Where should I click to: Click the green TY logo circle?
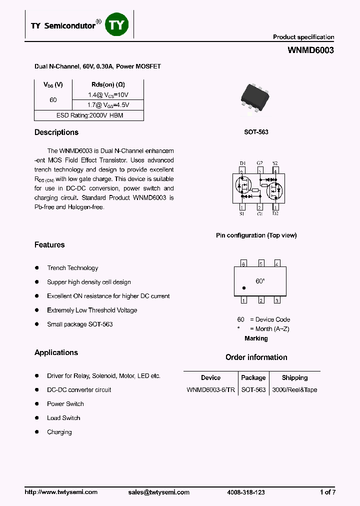(x=116, y=25)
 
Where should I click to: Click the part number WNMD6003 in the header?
(x=310, y=50)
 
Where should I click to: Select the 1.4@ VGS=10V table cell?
(x=108, y=94)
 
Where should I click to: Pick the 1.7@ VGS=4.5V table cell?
(x=108, y=105)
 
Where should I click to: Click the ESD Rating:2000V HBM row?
(x=89, y=115)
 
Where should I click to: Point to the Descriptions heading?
(x=56, y=132)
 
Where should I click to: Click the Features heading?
(x=49, y=245)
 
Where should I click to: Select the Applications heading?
(x=56, y=352)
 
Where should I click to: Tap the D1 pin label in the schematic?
(x=242, y=163)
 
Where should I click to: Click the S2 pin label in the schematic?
(x=275, y=163)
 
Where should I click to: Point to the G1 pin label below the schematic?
(x=259, y=214)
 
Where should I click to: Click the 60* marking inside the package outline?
(x=260, y=281)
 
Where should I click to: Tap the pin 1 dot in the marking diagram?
(x=243, y=288)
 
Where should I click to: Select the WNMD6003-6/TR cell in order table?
(x=210, y=390)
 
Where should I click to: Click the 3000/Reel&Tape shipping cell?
(x=294, y=390)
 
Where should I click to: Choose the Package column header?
(x=253, y=378)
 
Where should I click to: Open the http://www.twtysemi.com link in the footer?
(x=61, y=492)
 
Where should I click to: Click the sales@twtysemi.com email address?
(x=158, y=492)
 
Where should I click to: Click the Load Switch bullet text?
(x=63, y=418)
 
